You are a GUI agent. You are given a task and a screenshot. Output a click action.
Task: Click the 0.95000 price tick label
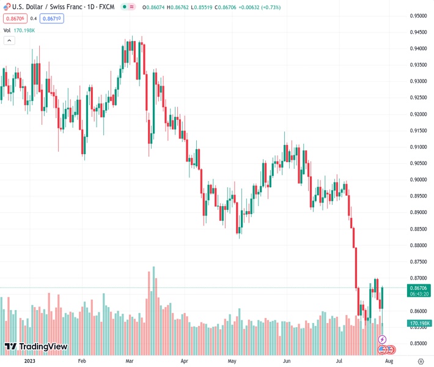(x=419, y=16)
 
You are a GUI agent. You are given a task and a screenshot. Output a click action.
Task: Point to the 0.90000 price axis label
(x=419, y=180)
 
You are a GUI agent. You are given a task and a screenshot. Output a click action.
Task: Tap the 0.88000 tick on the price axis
(x=419, y=245)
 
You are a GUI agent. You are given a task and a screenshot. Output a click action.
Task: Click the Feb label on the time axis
(x=82, y=361)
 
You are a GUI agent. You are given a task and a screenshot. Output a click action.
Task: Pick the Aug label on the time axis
(x=388, y=361)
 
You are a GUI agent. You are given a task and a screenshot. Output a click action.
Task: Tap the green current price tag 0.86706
(x=419, y=287)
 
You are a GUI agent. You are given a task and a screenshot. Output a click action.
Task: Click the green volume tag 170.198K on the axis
(x=420, y=323)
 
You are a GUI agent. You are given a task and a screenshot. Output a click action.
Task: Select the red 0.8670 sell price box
(x=13, y=18)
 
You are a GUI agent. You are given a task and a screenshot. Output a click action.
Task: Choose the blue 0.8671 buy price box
(x=52, y=18)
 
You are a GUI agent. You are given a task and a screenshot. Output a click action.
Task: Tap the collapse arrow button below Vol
(x=9, y=40)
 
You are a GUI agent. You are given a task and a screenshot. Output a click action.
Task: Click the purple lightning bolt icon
(x=383, y=339)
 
